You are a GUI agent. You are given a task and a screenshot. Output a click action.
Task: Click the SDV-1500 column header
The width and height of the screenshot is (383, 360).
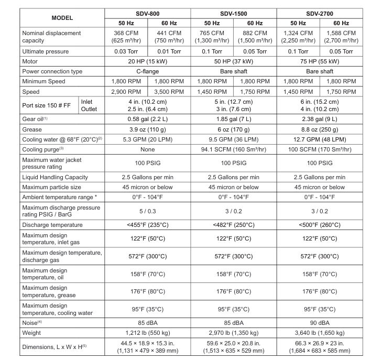pyautogui.click(x=233, y=13)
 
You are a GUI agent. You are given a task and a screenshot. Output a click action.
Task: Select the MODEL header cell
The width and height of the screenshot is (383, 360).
pyautogui.click(x=62, y=18)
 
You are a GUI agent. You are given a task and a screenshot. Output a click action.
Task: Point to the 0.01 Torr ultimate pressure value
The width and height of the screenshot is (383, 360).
pyautogui.click(x=170, y=51)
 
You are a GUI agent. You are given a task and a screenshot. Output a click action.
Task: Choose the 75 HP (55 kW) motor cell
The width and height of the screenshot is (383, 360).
pyautogui.click(x=319, y=61)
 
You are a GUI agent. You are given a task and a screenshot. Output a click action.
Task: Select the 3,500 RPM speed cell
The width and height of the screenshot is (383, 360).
pyautogui.click(x=170, y=91)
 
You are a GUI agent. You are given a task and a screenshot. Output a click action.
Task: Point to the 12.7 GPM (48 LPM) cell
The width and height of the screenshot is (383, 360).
pyautogui.click(x=319, y=140)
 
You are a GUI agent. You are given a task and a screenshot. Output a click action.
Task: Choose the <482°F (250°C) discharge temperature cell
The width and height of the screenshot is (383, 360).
pyautogui.click(x=233, y=225)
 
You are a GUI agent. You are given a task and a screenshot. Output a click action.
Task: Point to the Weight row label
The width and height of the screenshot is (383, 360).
pyautogui.click(x=32, y=333)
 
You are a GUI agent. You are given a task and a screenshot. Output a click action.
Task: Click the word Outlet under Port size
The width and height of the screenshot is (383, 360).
pyautogui.click(x=90, y=109)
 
